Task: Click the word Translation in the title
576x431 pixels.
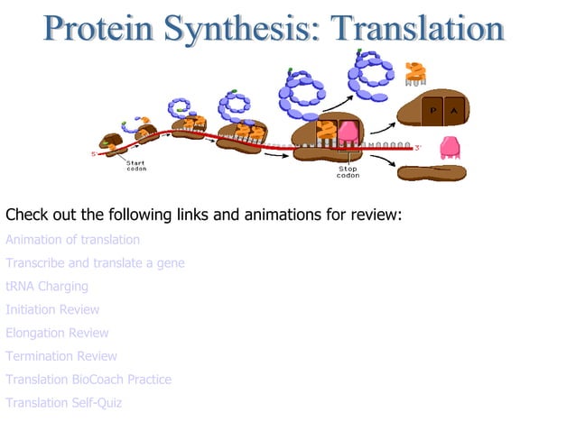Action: coord(417,29)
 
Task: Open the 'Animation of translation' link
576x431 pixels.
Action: coord(73,240)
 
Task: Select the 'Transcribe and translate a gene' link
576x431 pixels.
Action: coord(95,263)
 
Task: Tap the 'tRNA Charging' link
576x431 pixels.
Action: coord(47,287)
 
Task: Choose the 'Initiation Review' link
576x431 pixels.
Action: coord(52,310)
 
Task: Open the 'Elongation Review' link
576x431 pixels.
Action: coord(57,334)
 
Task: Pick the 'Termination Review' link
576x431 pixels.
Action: coord(61,356)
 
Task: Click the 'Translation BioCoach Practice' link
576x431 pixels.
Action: coord(88,380)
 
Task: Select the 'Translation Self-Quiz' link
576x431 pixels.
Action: coord(64,403)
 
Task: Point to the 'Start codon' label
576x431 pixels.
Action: coord(136,166)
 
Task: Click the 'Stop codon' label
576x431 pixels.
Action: coord(348,171)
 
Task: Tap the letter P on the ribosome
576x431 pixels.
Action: coord(432,110)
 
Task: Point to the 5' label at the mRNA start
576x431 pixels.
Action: coord(93,154)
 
